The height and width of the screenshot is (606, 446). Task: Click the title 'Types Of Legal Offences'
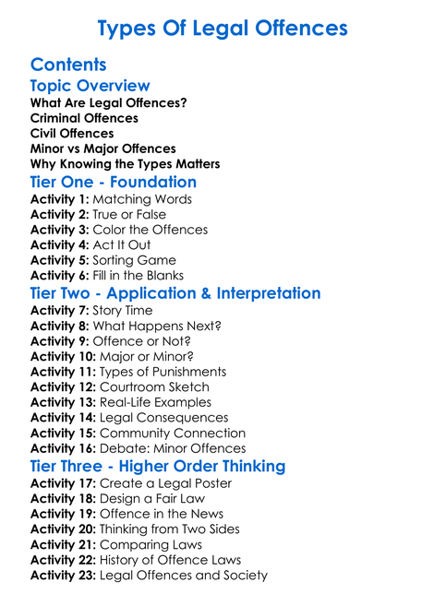223,28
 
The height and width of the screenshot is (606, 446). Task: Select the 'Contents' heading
68,65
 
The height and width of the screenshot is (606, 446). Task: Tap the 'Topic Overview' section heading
90,86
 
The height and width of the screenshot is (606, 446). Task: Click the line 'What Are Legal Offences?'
108,102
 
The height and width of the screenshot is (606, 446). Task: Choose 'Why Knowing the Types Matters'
125,164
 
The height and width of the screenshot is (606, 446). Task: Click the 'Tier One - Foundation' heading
114,182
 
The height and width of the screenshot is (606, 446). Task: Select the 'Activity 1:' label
59,199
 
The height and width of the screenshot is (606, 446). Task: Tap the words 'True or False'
129,214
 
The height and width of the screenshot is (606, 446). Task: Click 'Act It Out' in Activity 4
121,244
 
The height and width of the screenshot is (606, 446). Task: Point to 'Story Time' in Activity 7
123,311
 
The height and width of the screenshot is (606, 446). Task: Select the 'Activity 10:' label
63,356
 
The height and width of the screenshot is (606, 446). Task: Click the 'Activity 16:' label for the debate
63,448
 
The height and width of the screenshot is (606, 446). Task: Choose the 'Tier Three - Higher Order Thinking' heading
158,466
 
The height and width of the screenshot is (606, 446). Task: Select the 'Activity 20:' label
63,529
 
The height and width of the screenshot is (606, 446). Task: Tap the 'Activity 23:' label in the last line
63,575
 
